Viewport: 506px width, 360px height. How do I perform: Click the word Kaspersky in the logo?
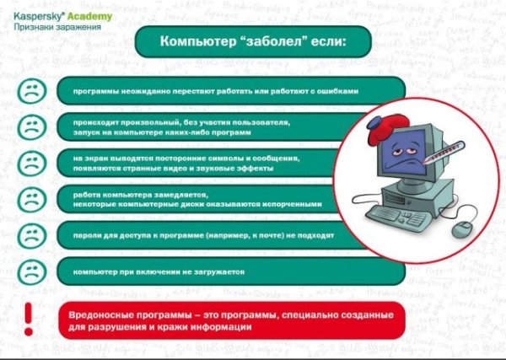pos(34,14)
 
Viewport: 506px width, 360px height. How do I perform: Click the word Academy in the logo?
pos(84,14)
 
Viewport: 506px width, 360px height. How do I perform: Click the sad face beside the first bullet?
pos(32,90)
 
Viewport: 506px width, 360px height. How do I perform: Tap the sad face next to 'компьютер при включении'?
pos(32,271)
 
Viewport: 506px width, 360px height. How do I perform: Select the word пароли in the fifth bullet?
pos(87,236)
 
